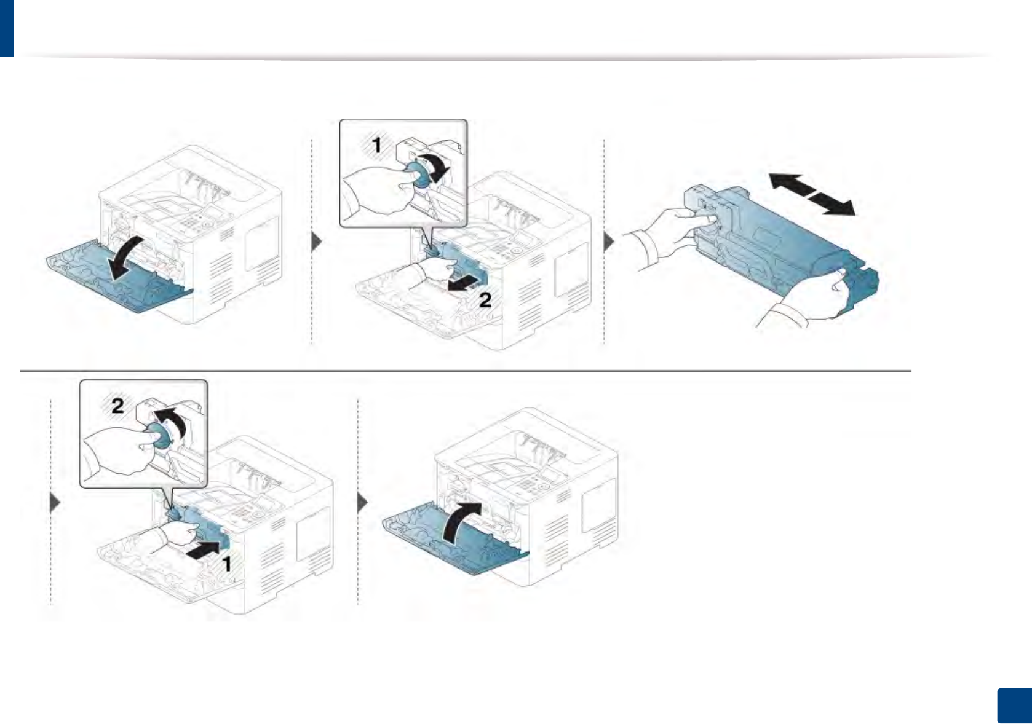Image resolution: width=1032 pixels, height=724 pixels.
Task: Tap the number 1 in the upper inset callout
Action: [x=377, y=146]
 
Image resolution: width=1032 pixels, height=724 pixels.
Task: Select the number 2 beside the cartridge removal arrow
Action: [x=485, y=300]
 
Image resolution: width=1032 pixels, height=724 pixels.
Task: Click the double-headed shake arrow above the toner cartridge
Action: [x=811, y=194]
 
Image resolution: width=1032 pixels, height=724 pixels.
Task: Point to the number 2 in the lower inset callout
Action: [x=117, y=406]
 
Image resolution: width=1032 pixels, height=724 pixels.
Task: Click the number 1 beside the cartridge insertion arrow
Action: [x=226, y=564]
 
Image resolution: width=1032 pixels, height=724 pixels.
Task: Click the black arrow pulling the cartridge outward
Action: [x=462, y=283]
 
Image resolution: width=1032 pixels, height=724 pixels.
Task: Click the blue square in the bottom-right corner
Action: [x=1014, y=706]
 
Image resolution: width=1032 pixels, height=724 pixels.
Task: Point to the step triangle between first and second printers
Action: [x=317, y=242]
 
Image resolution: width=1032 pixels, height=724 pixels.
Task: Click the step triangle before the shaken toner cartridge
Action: [x=609, y=242]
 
